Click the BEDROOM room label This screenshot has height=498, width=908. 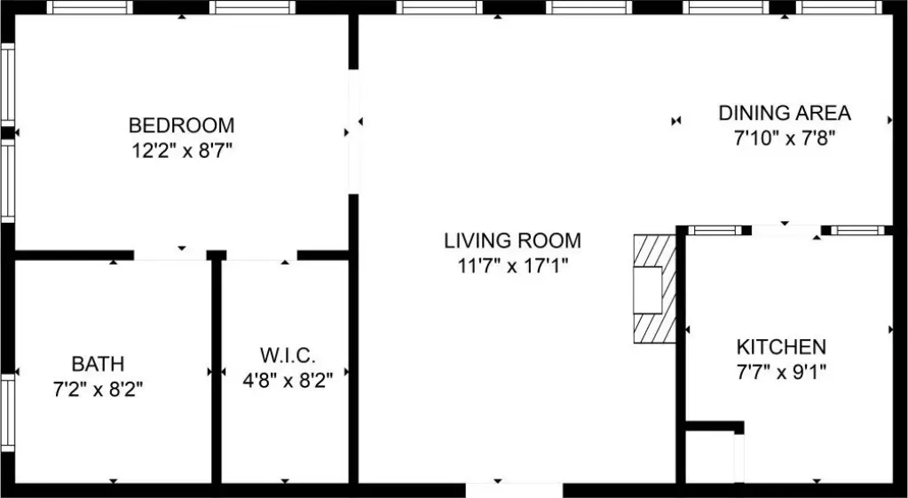(x=181, y=125)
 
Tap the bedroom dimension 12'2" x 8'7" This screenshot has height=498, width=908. (x=182, y=151)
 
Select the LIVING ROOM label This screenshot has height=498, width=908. (x=512, y=241)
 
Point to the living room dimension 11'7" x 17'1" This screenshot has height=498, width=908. (x=512, y=265)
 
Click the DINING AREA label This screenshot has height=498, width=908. (x=785, y=113)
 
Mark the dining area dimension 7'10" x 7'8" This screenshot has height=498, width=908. (x=785, y=138)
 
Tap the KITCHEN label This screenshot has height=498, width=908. (x=781, y=347)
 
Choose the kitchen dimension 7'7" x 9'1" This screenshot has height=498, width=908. (x=781, y=371)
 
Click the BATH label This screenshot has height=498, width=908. (x=98, y=364)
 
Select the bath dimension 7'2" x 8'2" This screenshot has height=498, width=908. (x=98, y=389)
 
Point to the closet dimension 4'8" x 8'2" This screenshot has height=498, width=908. (x=288, y=381)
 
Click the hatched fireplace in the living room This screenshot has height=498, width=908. (x=654, y=289)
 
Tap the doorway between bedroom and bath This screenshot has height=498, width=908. (x=170, y=256)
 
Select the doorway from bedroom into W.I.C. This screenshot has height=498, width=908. (x=262, y=256)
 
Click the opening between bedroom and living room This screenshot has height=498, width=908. (x=353, y=131)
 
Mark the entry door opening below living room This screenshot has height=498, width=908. (x=514, y=490)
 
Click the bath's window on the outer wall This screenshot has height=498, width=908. (x=7, y=413)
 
